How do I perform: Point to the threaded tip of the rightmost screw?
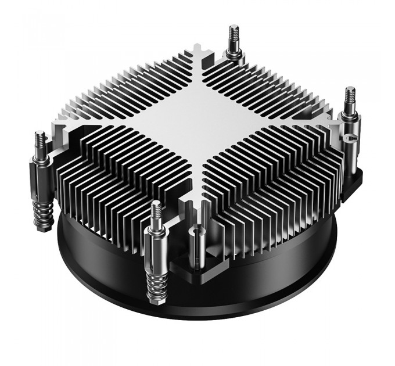(x=350, y=97)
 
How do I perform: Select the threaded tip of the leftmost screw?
(x=39, y=142)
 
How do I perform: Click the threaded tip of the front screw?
(x=156, y=211)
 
